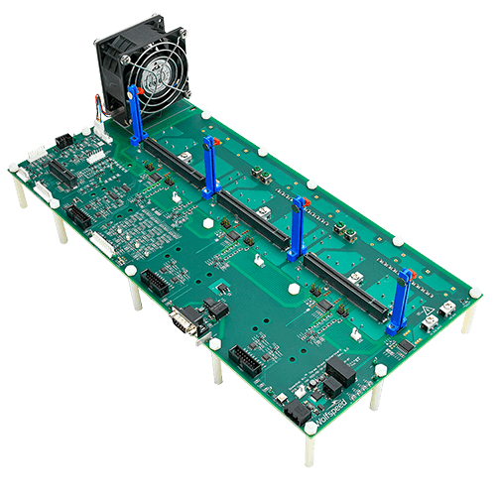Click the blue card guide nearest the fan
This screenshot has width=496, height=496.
(x=135, y=114)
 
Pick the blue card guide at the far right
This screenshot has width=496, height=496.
(x=399, y=303)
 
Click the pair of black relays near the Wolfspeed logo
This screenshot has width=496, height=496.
(x=337, y=374)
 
